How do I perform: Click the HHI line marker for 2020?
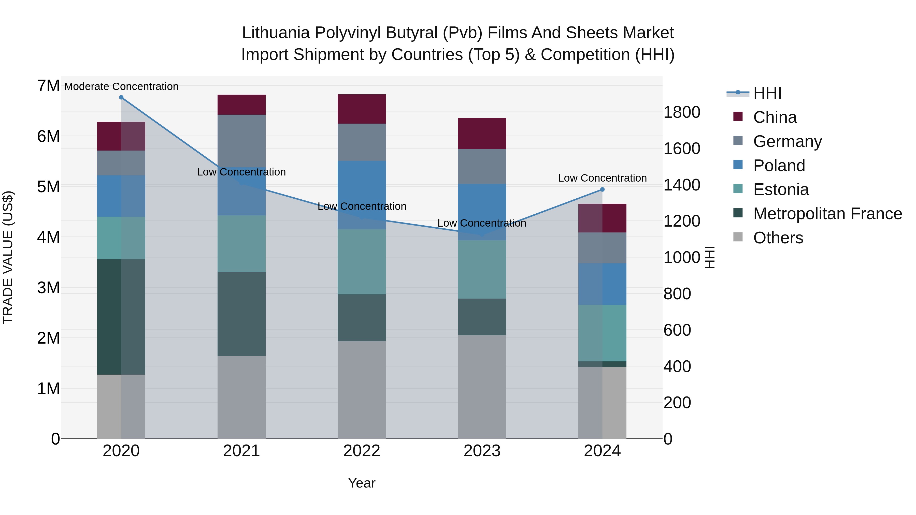point(121,97)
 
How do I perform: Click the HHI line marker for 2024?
point(602,190)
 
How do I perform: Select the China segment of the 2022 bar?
point(362,109)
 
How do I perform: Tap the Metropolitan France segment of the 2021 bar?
point(241,314)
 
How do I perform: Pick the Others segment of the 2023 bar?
point(482,387)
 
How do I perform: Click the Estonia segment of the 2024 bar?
point(602,333)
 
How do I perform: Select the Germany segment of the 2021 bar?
point(241,141)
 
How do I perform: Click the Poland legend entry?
point(779,166)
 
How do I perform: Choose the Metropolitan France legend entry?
point(827,214)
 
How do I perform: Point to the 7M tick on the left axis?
point(49,86)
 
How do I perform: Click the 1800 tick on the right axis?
point(682,112)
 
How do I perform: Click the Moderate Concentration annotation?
point(121,87)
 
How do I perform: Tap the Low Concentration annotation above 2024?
point(602,178)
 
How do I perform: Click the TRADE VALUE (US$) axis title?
point(8,257)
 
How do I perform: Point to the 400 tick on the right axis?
point(677,366)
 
